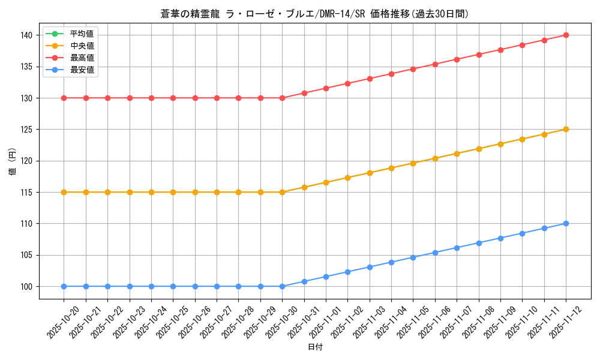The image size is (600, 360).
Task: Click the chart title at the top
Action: point(314,14)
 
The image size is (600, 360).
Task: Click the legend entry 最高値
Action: point(82,58)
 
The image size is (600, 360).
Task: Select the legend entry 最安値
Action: point(82,70)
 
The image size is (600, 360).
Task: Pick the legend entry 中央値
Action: point(82,46)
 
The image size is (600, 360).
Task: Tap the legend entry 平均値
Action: point(82,34)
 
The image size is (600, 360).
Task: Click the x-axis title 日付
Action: point(315,347)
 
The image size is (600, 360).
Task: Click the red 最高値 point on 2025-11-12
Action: point(566,35)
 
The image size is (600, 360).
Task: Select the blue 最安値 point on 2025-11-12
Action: point(566,223)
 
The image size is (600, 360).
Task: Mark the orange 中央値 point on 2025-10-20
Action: point(64,192)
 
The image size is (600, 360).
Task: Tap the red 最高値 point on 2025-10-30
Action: point(282,98)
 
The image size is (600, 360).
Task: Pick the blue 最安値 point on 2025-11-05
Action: point(413,257)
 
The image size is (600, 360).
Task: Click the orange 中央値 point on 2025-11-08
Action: point(479,149)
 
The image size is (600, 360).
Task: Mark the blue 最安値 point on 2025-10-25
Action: point(173,286)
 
